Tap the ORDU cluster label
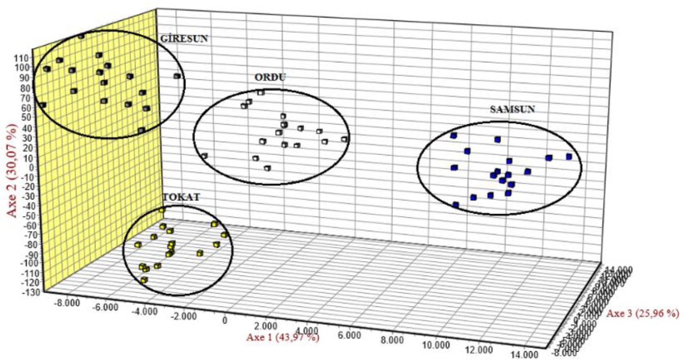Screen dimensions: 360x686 [270, 78]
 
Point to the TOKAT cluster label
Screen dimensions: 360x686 [181, 197]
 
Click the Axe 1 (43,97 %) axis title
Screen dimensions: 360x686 [283, 337]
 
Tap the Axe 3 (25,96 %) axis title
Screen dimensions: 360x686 [643, 314]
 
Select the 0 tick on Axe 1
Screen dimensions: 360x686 [225, 320]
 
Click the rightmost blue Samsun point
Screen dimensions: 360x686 [569, 157]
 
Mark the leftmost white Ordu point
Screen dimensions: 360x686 [204, 156]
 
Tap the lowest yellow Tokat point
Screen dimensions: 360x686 [144, 280]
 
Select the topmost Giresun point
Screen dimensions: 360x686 [81, 36]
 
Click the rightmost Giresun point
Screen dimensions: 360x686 [177, 76]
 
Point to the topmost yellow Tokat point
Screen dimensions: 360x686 [162, 210]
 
